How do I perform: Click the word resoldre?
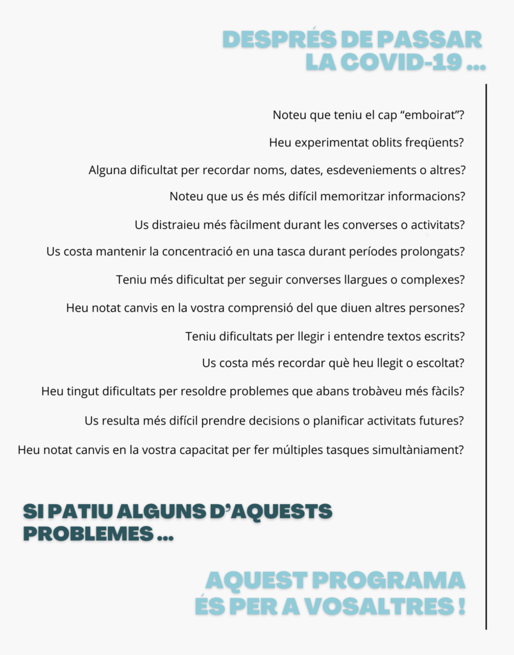pyautogui.click(x=210, y=391)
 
